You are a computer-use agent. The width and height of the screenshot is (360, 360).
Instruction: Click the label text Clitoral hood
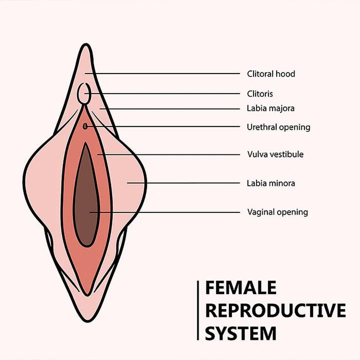pos(271,74)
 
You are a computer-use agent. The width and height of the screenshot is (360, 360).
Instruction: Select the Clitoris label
pos(260,93)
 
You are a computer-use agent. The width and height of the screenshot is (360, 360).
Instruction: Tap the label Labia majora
pos(270,108)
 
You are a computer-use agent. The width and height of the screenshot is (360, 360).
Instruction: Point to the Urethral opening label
pos(278,127)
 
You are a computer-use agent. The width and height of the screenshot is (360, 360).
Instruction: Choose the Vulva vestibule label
pos(275,154)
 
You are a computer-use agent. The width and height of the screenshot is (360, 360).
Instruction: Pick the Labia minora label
pos(270,183)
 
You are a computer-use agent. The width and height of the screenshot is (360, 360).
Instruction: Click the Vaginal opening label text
pos(277,212)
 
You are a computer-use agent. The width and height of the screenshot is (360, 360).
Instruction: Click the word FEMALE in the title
pos(241,288)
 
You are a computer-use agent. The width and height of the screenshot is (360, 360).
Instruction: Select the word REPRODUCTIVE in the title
pos(275,310)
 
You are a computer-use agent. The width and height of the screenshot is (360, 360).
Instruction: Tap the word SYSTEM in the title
pos(241,332)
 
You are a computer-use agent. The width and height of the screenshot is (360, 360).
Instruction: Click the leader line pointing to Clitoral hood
pos(165,74)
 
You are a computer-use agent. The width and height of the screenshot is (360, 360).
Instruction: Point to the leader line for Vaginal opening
pos(165,212)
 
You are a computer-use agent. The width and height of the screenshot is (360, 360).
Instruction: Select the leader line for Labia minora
pos(185,183)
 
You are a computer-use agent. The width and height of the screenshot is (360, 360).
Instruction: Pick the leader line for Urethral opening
pos(165,126)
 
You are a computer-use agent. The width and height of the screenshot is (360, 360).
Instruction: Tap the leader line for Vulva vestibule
pos(170,154)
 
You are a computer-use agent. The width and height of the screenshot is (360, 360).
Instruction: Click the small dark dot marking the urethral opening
pos(85,126)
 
